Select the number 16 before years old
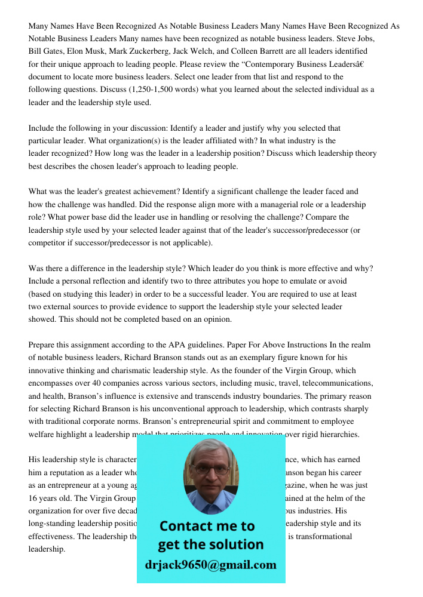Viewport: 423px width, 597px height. pyautogui.click(x=33, y=498)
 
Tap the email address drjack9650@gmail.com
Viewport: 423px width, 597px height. pyautogui.click(x=211, y=565)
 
